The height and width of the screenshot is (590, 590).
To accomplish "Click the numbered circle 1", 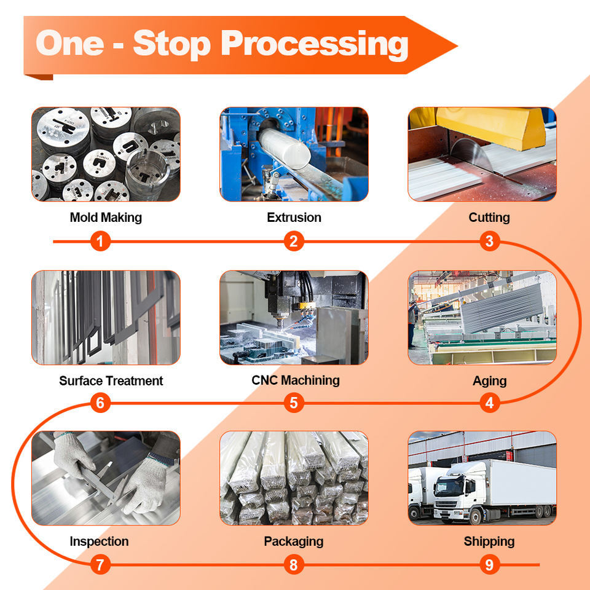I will [101, 242].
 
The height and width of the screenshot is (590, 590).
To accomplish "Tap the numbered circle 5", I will [294, 403].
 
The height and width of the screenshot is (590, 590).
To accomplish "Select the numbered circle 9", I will [489, 564].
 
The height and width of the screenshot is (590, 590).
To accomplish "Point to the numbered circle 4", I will [489, 403].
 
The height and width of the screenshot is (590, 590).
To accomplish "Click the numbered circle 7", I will [101, 564].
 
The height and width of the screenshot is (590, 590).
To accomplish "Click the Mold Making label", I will [106, 217].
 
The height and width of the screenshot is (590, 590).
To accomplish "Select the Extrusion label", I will [294, 217].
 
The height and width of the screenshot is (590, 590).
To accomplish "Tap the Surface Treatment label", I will [111, 380].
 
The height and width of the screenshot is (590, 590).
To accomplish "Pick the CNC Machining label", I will [296, 380].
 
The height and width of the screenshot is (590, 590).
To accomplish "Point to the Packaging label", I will [294, 541].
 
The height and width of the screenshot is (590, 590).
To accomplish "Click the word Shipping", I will [489, 541].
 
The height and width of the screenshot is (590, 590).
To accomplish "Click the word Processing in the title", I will [314, 44].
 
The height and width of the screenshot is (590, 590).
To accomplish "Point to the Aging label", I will [489, 380].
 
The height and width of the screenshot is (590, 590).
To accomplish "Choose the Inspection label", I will [99, 541].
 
